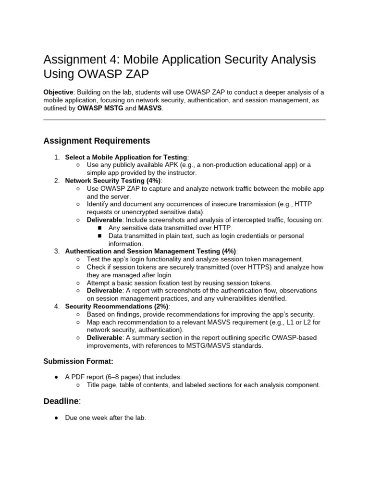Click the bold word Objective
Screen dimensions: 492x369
(x=58, y=92)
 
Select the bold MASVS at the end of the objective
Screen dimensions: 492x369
(x=150, y=109)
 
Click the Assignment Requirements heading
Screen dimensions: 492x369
(x=97, y=141)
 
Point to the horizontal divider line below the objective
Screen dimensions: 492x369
(x=184, y=120)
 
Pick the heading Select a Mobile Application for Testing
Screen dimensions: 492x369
(x=126, y=157)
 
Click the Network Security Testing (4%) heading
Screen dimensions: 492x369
(x=113, y=181)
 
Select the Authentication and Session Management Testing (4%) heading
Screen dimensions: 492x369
(x=150, y=251)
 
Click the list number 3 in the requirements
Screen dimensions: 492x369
(x=57, y=251)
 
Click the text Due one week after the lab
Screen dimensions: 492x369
(x=105, y=418)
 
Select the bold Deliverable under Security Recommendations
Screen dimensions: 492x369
(x=104, y=338)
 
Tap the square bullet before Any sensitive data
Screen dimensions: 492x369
(x=100, y=228)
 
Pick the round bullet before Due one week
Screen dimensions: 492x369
(x=56, y=418)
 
